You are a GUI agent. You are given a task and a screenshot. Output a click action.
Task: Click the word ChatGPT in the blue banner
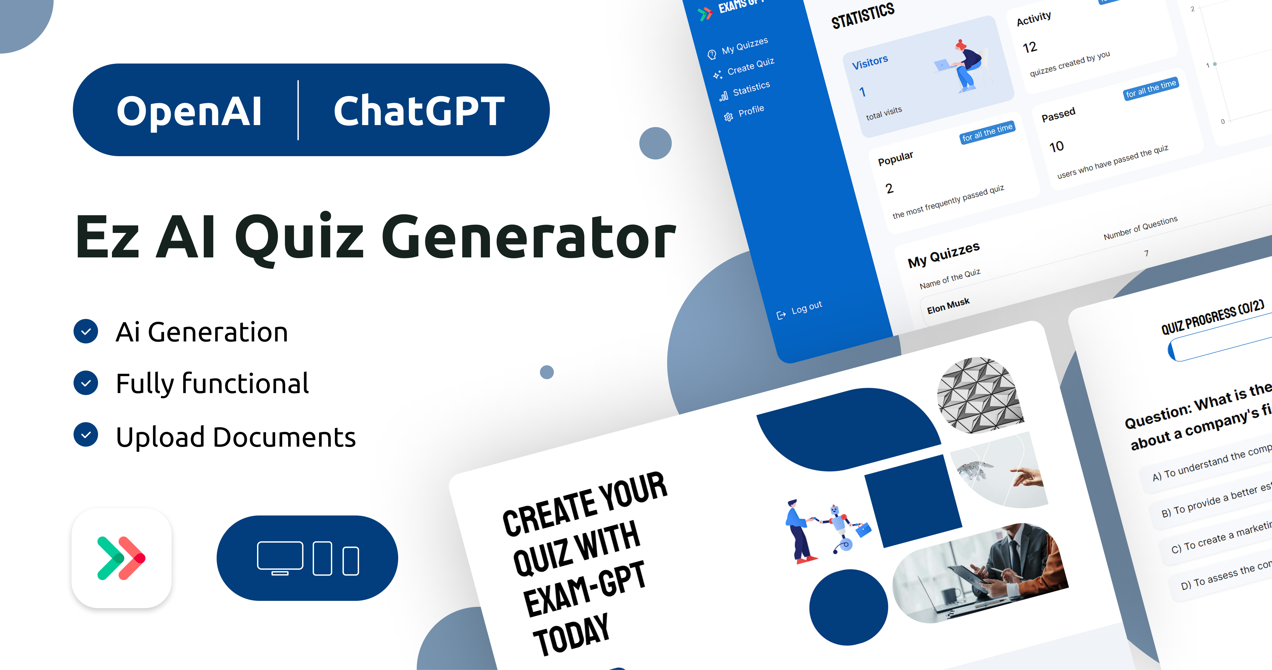419,111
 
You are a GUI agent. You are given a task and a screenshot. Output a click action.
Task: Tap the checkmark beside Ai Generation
86,331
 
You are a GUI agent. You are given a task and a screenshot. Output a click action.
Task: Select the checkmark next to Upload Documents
86,435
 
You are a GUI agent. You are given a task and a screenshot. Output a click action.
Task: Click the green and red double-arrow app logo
122,558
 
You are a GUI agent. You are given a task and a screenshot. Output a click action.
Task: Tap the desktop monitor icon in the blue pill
280,558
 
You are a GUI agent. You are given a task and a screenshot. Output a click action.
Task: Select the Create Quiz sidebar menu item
750,66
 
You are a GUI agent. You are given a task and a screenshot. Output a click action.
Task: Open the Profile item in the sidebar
751,111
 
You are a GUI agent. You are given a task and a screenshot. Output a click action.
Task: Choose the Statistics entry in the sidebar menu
751,88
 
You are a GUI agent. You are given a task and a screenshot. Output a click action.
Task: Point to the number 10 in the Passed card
1056,147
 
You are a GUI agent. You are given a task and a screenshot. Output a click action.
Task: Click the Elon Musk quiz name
948,305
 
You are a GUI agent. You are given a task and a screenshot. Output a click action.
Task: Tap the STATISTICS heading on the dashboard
863,16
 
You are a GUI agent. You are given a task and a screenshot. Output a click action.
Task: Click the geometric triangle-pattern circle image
980,395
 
